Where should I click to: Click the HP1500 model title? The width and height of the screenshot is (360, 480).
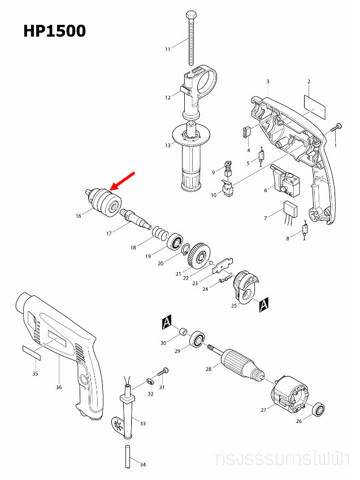[x=54, y=30]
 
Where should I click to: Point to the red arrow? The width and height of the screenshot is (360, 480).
[x=123, y=181]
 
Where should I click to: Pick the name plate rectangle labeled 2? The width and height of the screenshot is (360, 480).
[x=315, y=106]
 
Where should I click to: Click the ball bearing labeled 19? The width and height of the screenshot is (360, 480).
[x=175, y=241]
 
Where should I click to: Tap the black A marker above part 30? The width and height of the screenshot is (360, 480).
[x=166, y=322]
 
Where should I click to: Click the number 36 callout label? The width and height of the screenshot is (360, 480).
[x=59, y=387]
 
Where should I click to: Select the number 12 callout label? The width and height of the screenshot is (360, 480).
[x=168, y=98]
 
